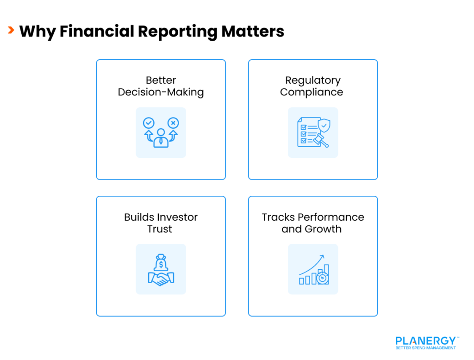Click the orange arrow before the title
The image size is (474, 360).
[x=10, y=31]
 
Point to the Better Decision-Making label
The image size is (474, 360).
[x=161, y=86]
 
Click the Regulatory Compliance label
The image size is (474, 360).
[x=312, y=86]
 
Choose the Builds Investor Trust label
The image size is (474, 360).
[x=161, y=223]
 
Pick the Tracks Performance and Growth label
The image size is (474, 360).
[x=312, y=223]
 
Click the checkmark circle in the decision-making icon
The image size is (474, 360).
[x=149, y=123]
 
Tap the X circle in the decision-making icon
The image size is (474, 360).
[x=173, y=123]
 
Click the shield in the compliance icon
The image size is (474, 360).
[x=325, y=125]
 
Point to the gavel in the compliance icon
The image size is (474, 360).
[x=320, y=139]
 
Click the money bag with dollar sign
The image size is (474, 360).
[x=161, y=263]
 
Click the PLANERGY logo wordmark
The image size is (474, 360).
[x=425, y=341]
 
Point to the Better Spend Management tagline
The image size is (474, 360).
[x=425, y=348]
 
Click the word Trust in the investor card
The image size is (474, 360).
[x=160, y=229]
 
